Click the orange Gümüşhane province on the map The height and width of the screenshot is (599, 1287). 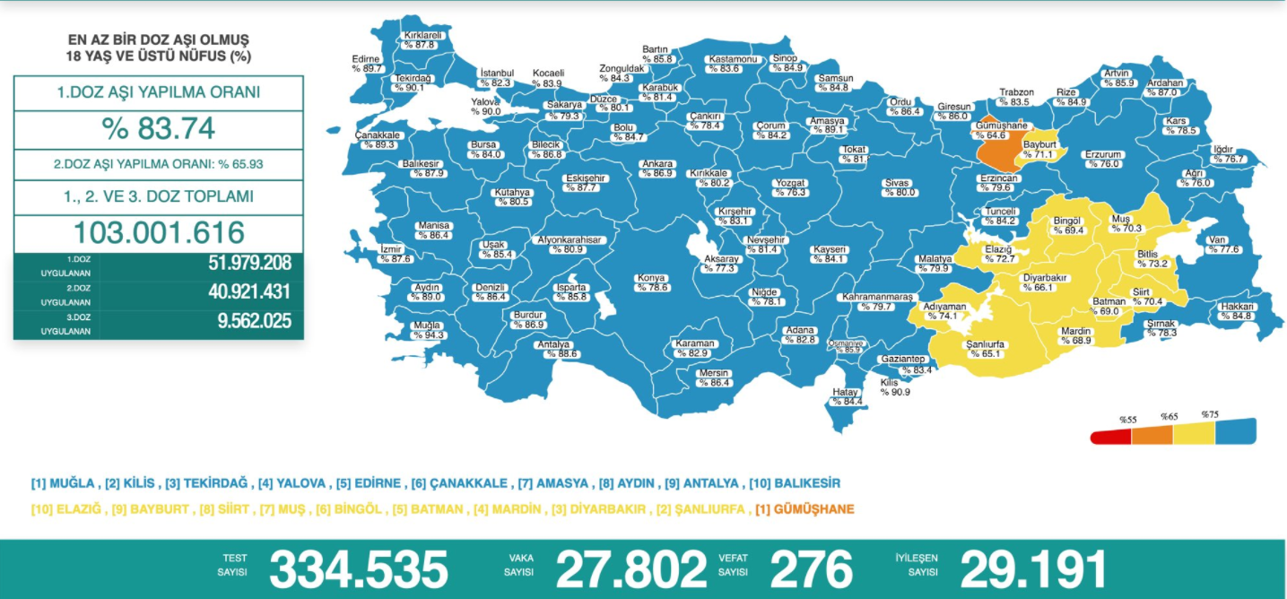point(996,151)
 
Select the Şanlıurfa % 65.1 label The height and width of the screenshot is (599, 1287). point(983,349)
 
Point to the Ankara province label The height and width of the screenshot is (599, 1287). point(657,169)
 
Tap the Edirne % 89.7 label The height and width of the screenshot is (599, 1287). point(367,63)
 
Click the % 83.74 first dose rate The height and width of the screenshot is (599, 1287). point(159,128)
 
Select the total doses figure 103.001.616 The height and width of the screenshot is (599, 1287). point(159,232)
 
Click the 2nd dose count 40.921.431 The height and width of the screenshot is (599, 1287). point(254,292)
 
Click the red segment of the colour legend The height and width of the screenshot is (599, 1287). point(1110,437)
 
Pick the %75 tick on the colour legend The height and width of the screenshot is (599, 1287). point(1211,414)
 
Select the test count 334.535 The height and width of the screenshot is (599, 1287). point(358,569)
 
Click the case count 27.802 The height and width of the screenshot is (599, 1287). point(631,569)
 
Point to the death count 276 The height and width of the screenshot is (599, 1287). point(811,569)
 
